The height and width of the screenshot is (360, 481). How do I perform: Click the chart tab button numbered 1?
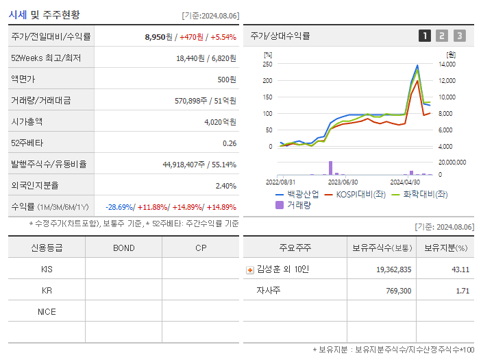(425, 36)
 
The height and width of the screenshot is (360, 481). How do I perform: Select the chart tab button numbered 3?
(459, 36)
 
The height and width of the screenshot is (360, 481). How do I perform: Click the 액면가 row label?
(26, 79)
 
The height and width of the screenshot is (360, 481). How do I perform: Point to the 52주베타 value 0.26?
(229, 143)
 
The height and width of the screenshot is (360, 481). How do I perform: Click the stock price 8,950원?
(160, 36)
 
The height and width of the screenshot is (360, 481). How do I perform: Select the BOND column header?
(123, 248)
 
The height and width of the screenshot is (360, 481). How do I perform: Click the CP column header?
(201, 248)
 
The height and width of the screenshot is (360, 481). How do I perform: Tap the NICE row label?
(47, 311)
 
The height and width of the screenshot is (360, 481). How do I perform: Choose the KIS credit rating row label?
(47, 269)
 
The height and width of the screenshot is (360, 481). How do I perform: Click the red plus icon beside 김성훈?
(249, 270)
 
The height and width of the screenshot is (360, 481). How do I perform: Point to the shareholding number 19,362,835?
(394, 269)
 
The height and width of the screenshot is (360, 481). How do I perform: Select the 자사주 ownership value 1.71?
(463, 291)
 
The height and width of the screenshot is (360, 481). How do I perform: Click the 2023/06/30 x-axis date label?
(343, 182)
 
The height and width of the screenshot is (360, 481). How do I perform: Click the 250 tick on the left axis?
(268, 64)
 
